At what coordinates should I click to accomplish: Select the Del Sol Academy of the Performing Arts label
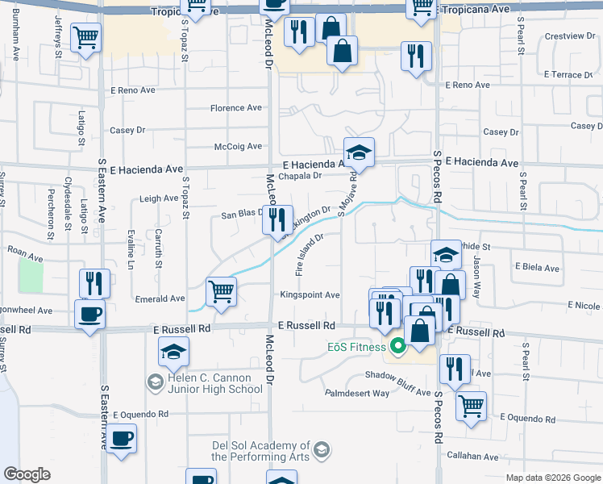(x=261, y=450)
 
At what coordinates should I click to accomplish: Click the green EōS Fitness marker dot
(x=397, y=348)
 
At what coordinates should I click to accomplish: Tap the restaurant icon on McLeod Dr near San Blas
(x=277, y=219)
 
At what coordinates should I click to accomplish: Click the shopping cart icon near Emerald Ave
(x=221, y=291)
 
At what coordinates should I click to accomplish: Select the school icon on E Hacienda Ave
(x=359, y=151)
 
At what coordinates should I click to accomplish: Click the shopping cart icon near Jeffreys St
(x=85, y=36)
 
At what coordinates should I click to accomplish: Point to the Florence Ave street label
(x=236, y=108)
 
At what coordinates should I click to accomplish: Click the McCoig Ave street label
(x=238, y=146)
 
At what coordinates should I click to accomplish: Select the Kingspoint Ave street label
(x=310, y=295)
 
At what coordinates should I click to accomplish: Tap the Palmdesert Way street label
(x=357, y=394)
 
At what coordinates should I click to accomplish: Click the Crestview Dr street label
(x=566, y=36)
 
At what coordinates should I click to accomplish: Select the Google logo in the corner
(x=27, y=474)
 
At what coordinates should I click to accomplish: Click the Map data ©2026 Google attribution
(x=552, y=478)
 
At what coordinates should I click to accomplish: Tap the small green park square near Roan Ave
(x=31, y=276)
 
